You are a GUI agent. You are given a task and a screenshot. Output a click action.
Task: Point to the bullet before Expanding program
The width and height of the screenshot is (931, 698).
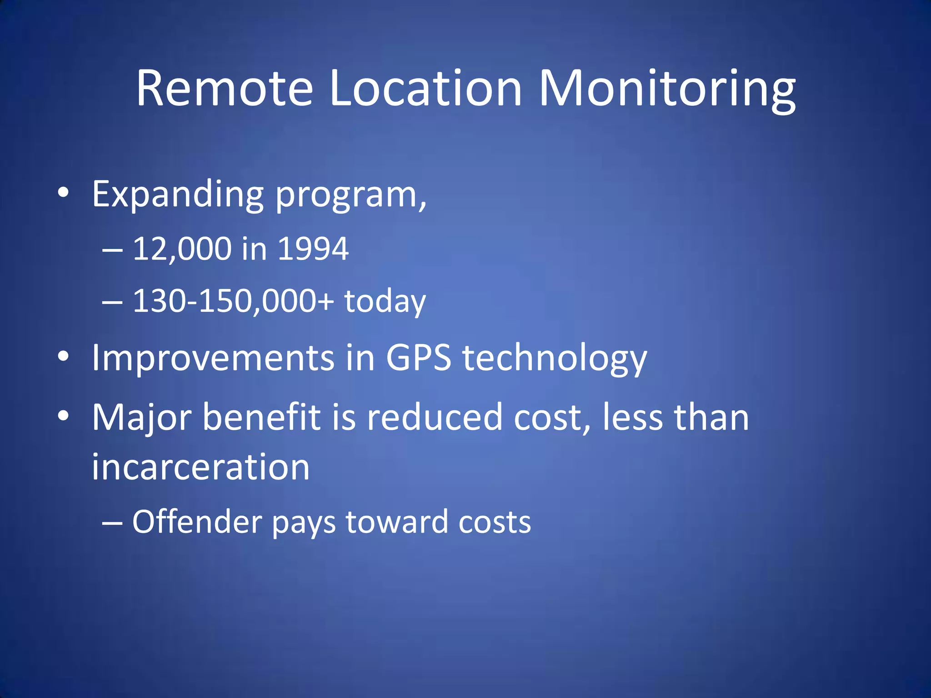click(64, 193)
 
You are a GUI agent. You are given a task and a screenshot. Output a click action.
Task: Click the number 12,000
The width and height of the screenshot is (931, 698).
click(182, 249)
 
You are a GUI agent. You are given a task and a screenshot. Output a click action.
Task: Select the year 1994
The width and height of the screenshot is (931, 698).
click(313, 249)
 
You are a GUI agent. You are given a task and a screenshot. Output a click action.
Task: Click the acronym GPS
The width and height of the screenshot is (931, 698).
click(418, 358)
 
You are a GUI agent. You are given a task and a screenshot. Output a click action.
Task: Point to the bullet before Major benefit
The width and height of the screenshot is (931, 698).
click(64, 416)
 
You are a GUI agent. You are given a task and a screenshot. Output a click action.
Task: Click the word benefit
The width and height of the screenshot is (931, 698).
click(261, 417)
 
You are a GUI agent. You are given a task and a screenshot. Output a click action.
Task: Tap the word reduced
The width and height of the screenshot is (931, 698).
click(434, 417)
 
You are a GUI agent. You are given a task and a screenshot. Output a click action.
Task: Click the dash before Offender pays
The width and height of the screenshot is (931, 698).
click(112, 523)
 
